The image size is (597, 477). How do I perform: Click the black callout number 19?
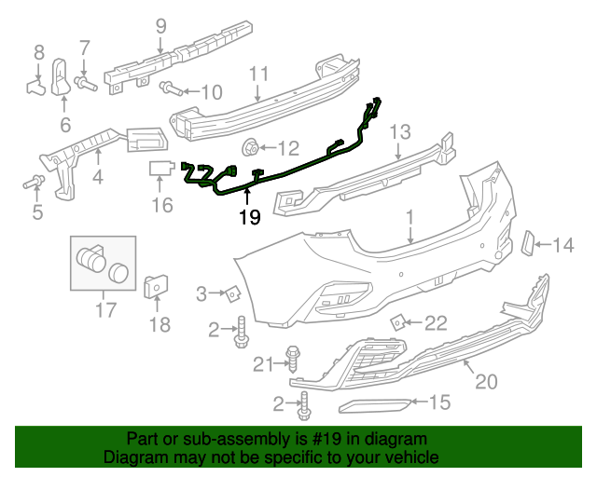point(250,218)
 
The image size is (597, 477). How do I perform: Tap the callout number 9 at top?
point(161,27)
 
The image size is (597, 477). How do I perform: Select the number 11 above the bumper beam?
point(259,75)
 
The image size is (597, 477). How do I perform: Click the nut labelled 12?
point(251,147)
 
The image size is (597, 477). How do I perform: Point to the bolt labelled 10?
point(171,89)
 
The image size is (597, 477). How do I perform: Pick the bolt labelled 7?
point(86,83)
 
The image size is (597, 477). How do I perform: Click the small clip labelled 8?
point(36,87)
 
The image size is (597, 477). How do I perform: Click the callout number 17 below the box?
point(105,310)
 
